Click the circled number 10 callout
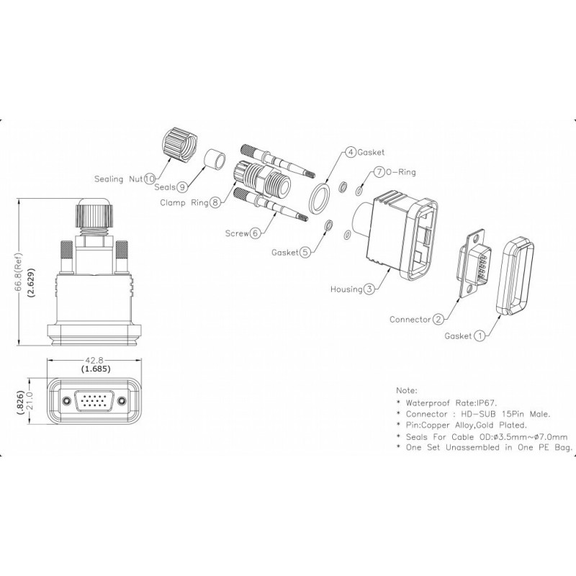point(150,178)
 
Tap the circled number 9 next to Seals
point(183,186)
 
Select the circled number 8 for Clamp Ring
point(215,203)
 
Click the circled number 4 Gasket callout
point(351,152)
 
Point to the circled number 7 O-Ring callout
point(379,173)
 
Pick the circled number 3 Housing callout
point(369,289)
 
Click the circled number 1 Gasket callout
point(479,335)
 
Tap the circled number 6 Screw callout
point(254,233)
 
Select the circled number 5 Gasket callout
point(305,252)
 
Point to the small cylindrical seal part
point(212,158)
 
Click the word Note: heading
point(406,390)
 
